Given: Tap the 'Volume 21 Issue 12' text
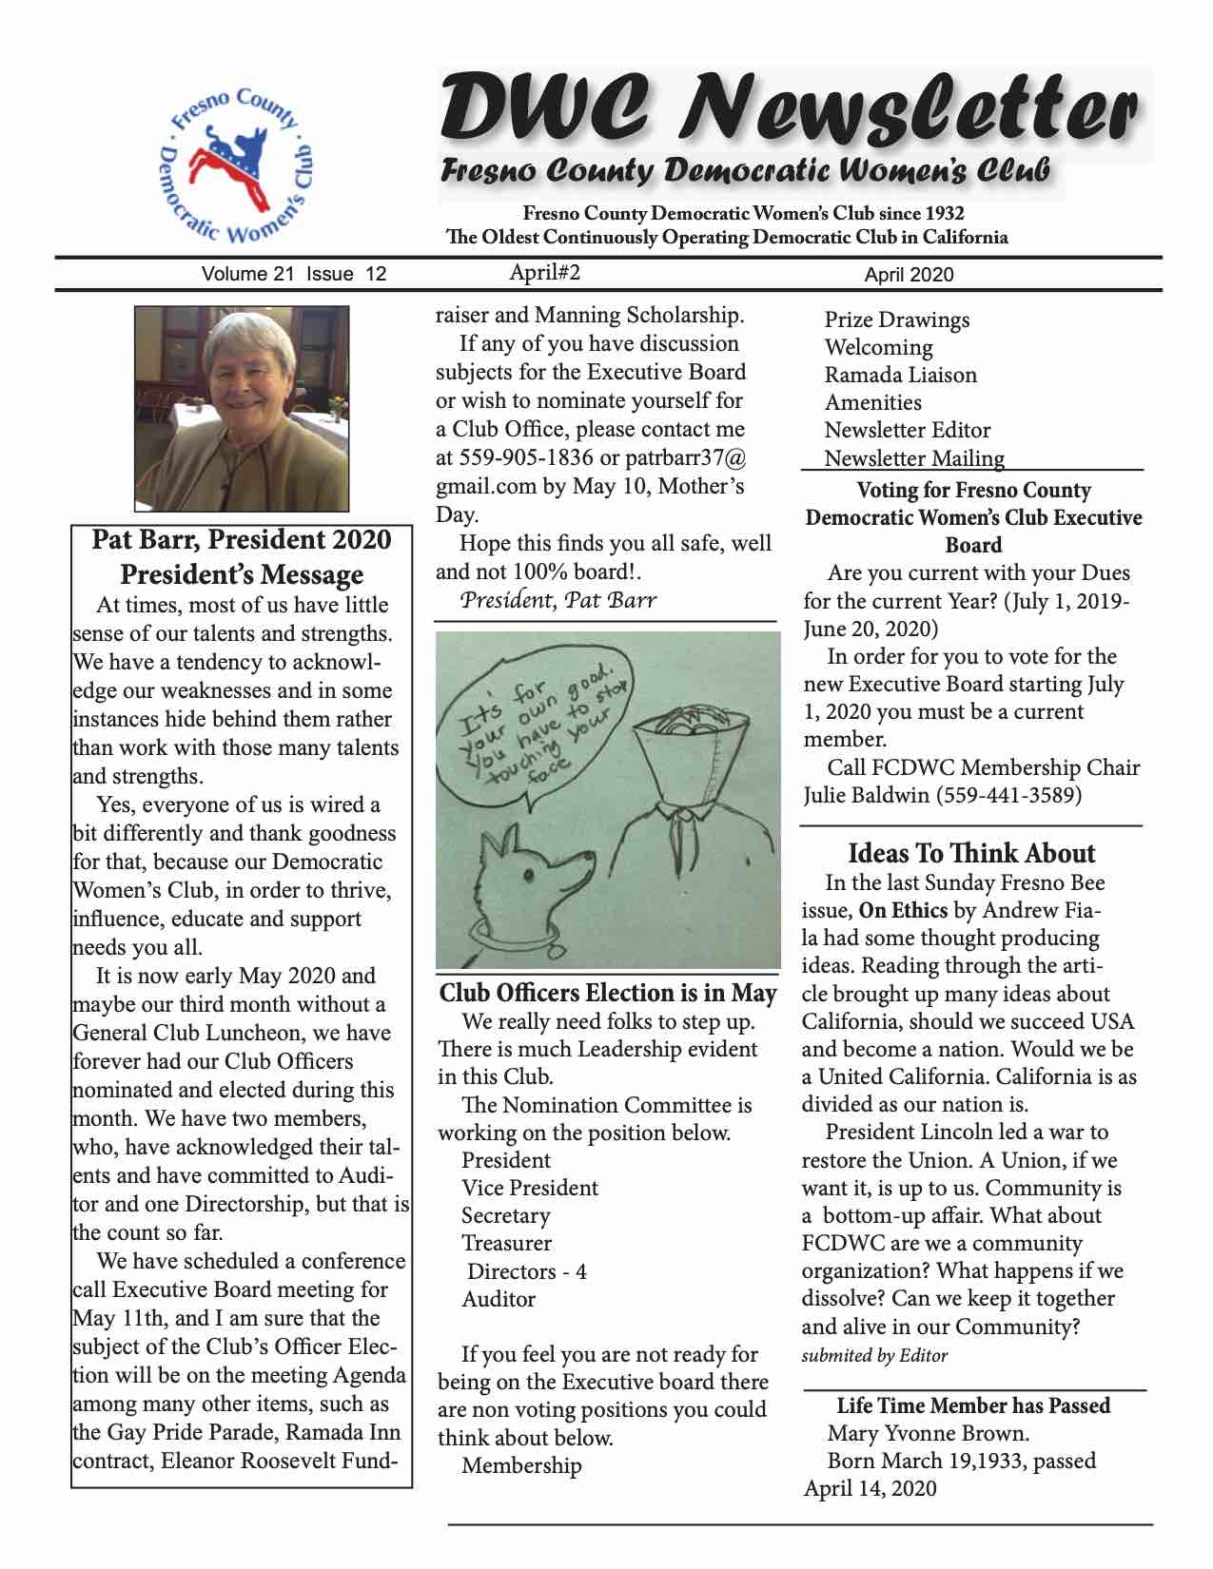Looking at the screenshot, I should click(x=294, y=274).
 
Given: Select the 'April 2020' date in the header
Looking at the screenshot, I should click(x=909, y=275).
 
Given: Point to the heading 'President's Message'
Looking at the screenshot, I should click(x=242, y=574).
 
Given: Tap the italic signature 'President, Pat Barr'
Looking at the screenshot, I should click(x=558, y=599).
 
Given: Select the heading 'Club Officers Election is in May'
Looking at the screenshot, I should click(x=608, y=993).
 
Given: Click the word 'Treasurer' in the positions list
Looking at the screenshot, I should click(x=506, y=1243).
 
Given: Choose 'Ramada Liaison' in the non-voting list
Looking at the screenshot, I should click(x=900, y=375).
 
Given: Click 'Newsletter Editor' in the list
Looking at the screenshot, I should click(x=907, y=430).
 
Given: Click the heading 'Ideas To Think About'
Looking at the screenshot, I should click(x=971, y=853).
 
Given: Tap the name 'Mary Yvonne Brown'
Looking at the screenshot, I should click(x=928, y=1433).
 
